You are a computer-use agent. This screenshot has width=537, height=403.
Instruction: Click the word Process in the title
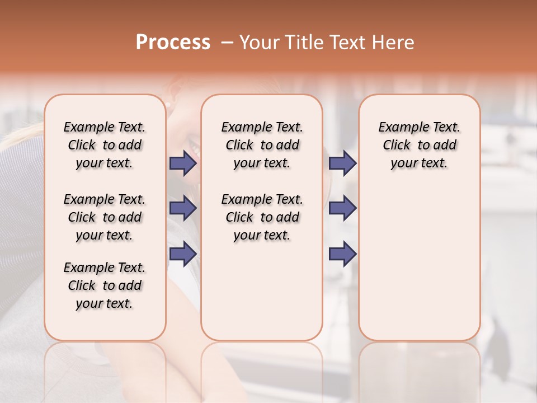coord(173,43)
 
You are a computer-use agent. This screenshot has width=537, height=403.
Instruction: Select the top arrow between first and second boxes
coord(183,163)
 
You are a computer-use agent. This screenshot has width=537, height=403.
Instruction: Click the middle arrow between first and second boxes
coord(183,208)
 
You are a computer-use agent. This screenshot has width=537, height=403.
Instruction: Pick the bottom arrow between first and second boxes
coord(183,254)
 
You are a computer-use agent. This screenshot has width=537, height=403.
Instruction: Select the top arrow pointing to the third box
coord(342,163)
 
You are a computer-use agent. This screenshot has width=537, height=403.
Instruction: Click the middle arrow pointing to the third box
coord(342,208)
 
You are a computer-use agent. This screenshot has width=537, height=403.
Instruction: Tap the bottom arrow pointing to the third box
coord(342,254)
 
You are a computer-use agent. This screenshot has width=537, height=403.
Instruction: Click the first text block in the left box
coord(105,145)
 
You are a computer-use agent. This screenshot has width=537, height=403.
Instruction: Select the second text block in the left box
coord(105,217)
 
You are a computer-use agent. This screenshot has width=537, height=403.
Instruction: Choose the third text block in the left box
coord(105,285)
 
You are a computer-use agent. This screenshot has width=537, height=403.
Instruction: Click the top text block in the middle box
coord(262,145)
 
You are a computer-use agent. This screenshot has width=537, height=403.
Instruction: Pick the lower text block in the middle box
coord(262,217)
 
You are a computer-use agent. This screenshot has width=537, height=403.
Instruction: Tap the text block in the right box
coord(419,145)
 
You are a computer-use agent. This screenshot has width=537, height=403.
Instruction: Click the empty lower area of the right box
coord(419,263)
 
